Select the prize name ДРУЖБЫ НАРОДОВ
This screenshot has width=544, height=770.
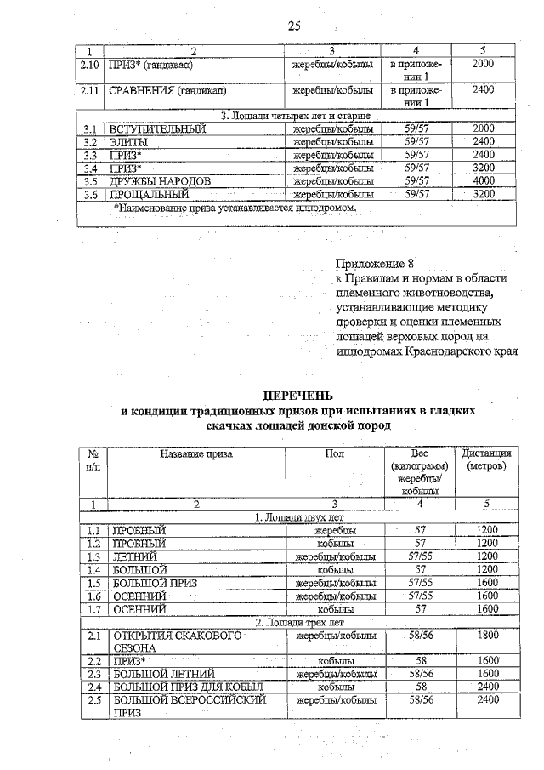click(x=159, y=181)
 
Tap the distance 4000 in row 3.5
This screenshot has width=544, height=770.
click(x=483, y=181)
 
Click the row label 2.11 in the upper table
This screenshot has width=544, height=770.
click(x=90, y=89)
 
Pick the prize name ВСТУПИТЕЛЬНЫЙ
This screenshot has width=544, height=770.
click(x=158, y=128)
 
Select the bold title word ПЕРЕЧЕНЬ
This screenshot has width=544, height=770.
click(x=297, y=395)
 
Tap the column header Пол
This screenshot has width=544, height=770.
click(x=335, y=453)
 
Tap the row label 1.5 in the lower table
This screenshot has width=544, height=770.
click(x=93, y=583)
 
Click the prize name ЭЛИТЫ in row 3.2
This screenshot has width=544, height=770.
click(x=128, y=142)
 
